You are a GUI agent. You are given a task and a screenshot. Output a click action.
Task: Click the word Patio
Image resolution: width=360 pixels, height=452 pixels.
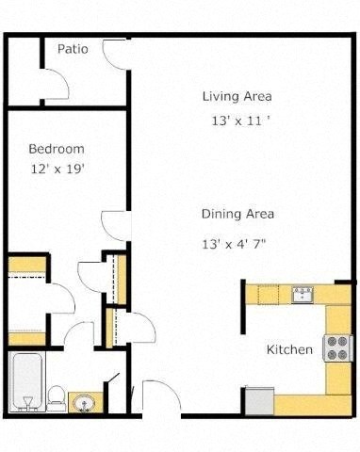(x=73, y=49)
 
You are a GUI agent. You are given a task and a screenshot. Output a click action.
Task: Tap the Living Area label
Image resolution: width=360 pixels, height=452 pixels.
(x=237, y=96)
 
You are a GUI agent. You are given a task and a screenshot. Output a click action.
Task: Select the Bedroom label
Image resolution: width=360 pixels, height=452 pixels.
(x=56, y=149)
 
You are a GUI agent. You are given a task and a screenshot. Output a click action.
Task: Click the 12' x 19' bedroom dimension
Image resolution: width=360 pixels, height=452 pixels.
(x=56, y=170)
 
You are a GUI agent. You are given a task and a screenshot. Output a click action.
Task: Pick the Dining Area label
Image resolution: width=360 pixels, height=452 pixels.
(x=237, y=214)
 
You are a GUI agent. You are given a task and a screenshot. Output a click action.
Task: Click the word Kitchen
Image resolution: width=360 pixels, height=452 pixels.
(x=289, y=349)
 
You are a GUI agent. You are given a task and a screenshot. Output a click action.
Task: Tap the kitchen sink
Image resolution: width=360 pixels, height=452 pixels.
(x=303, y=295)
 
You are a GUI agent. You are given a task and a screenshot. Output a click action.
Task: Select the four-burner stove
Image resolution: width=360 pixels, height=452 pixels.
(x=336, y=348)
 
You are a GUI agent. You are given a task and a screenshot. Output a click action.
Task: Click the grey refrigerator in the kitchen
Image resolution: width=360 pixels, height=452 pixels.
(x=258, y=400)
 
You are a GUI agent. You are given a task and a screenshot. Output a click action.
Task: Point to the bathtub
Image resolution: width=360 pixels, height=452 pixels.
(x=26, y=382)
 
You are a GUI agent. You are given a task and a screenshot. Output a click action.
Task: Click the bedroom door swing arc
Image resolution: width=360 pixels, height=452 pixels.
(x=114, y=224)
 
